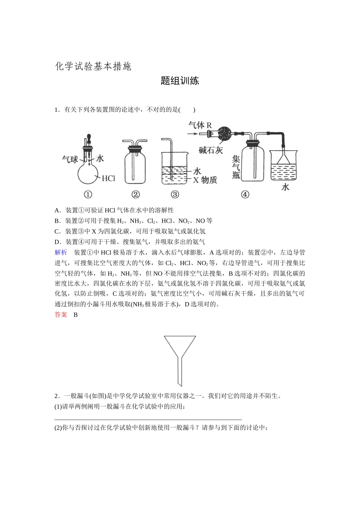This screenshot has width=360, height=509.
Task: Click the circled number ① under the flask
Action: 88,195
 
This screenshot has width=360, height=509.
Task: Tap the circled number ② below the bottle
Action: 135,195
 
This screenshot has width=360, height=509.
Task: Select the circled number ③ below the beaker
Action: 175,195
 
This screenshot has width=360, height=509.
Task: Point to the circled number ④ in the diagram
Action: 245,195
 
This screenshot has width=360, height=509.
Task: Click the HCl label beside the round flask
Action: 108,178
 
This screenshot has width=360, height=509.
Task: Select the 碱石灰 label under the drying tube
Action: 211,150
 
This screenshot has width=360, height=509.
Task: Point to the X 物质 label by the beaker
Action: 205,180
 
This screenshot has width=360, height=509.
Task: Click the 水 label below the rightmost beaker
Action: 285,187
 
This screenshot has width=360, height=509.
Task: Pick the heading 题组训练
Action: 180,81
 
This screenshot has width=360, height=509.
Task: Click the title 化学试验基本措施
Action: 93,67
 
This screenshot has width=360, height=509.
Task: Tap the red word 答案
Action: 61,315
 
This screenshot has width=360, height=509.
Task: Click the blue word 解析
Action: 61,253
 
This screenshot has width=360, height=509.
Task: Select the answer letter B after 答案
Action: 75,315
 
